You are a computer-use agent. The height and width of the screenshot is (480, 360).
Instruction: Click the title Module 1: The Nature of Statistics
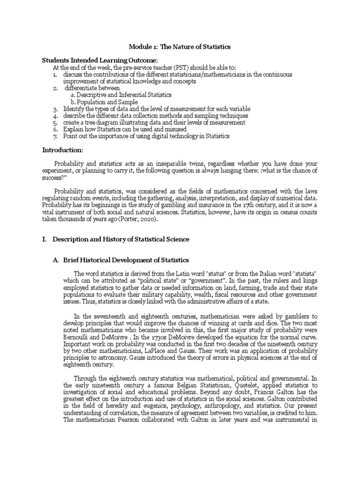click(x=180, y=47)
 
